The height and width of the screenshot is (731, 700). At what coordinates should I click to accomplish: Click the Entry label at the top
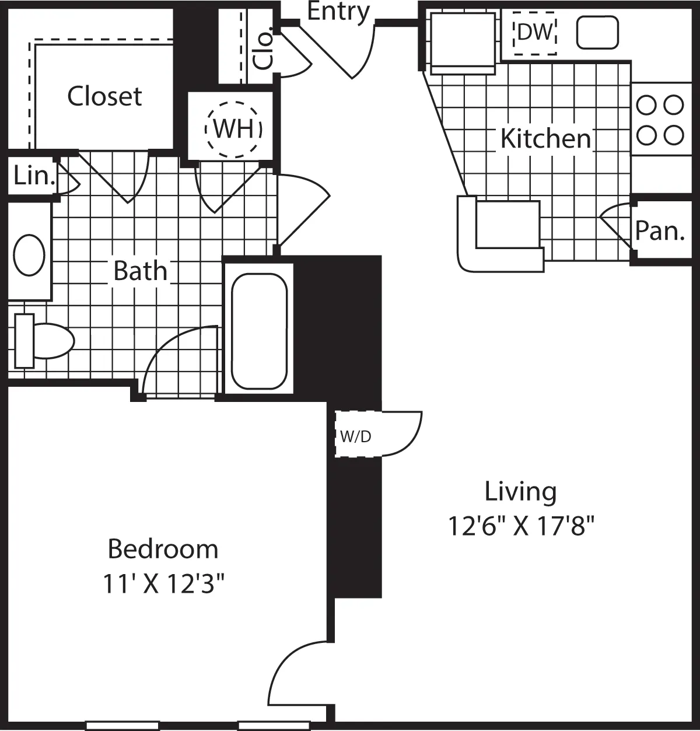click(338, 12)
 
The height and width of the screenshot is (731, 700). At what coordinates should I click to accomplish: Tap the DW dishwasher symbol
click(534, 33)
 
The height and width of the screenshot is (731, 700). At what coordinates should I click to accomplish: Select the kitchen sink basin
click(597, 33)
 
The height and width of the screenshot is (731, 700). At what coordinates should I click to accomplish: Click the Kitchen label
click(545, 139)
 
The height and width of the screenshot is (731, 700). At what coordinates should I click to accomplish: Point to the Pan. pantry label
click(659, 231)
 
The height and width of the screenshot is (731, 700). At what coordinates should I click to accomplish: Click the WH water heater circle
click(233, 129)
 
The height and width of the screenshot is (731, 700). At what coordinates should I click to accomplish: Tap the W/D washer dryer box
click(355, 436)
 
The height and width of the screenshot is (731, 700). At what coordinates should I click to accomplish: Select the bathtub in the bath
click(260, 331)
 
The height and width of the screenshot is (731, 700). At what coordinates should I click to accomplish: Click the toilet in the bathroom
click(44, 341)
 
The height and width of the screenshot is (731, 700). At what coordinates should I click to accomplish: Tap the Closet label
click(104, 97)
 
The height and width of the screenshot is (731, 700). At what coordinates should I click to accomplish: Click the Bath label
click(140, 271)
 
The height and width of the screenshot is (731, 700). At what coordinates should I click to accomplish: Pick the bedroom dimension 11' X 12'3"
click(163, 583)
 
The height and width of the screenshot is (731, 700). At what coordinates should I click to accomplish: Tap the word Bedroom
click(163, 549)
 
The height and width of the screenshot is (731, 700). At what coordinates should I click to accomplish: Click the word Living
click(520, 492)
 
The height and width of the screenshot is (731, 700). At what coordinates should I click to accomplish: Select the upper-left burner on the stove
click(646, 106)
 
